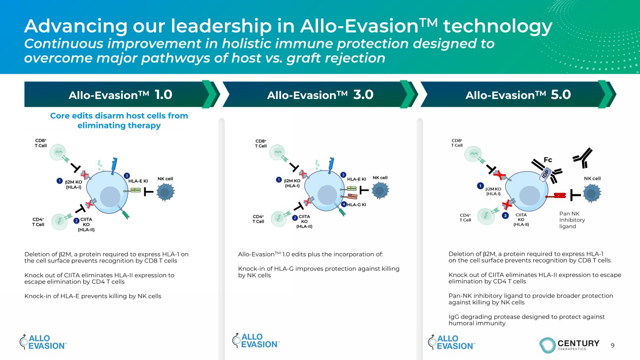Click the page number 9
tap(612, 345)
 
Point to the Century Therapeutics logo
tap(569, 345)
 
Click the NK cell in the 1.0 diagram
tap(165, 192)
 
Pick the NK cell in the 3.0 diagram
tap(380, 190)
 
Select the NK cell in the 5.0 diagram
tap(592, 194)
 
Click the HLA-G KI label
tap(356, 204)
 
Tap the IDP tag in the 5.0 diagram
tap(545, 174)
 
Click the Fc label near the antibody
tap(548, 160)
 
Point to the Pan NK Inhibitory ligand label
tap(572, 220)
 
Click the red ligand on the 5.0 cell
tap(556, 196)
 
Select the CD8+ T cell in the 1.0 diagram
tap(58, 152)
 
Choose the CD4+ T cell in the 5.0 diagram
tap(486, 216)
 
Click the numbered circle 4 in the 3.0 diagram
tap(344, 204)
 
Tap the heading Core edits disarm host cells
tap(119, 121)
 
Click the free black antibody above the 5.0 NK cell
tap(583, 158)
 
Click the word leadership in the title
tap(222, 26)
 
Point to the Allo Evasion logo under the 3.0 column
tap(256, 341)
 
